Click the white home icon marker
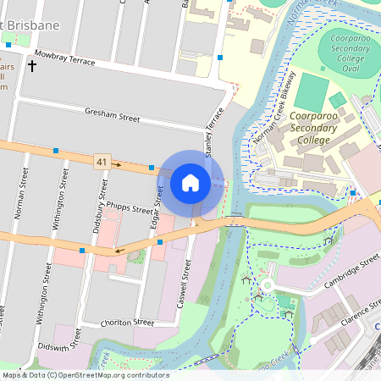click(190, 182)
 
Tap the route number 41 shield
click(102, 161)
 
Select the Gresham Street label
click(112, 116)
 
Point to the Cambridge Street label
click(349, 276)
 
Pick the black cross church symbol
click(32, 66)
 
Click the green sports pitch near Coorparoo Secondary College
click(315, 91)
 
